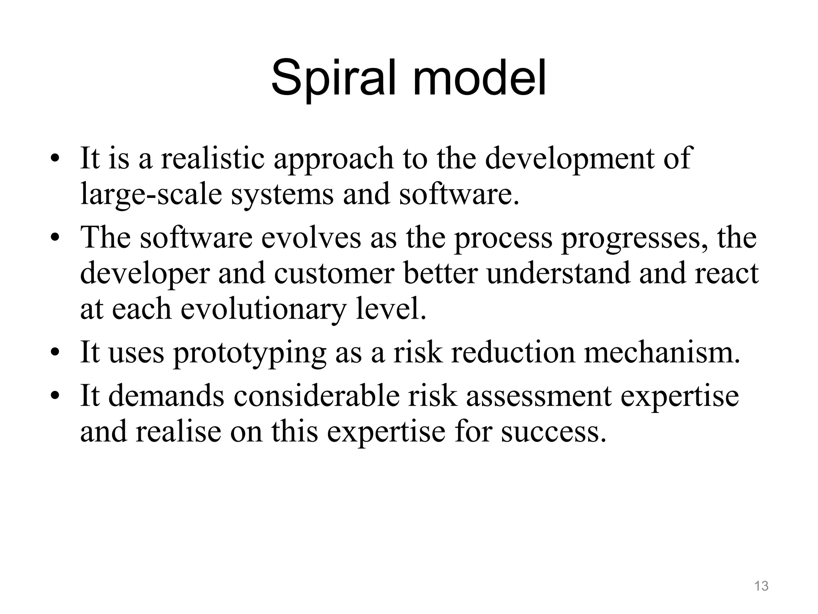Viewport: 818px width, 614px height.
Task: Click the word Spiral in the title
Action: click(x=338, y=79)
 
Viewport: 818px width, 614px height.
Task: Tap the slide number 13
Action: click(x=761, y=586)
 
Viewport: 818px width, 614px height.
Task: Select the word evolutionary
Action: click(x=263, y=309)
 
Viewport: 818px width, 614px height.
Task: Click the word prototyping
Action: click(x=250, y=353)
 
